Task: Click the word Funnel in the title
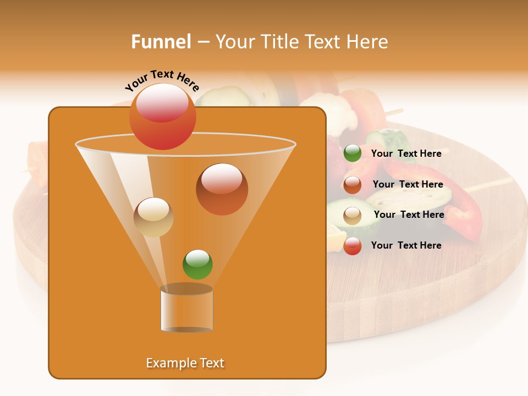click(x=161, y=41)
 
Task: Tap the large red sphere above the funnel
click(x=162, y=117)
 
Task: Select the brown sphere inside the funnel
click(x=222, y=189)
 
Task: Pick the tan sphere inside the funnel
click(x=153, y=217)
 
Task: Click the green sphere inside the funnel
click(x=197, y=265)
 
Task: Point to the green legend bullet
click(x=353, y=153)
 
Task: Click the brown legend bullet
click(x=353, y=185)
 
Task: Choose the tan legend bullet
click(x=353, y=216)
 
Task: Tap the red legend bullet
click(x=353, y=246)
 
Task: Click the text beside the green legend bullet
click(x=406, y=153)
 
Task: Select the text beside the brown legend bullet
click(x=408, y=184)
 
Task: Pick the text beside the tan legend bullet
click(x=409, y=215)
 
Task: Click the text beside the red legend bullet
click(x=406, y=245)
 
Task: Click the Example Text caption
click(x=185, y=363)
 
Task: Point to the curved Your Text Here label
click(x=162, y=81)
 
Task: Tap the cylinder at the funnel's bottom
click(x=186, y=310)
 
